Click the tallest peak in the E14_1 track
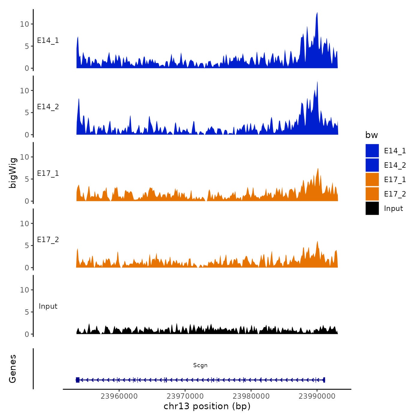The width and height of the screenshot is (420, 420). [x=317, y=13]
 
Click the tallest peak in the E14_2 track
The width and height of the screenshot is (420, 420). [x=317, y=82]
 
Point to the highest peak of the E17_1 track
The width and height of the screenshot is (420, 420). [x=318, y=169]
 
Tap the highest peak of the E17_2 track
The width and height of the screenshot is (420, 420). [x=317, y=241]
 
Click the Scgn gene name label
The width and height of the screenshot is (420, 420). [x=200, y=365]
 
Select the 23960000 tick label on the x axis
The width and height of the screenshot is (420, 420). [x=119, y=396]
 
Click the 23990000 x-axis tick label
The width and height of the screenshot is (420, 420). [x=317, y=396]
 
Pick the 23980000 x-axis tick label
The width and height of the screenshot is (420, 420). [x=251, y=396]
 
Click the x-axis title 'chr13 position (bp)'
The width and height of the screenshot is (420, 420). [x=207, y=406]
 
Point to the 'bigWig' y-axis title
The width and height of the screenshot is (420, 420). [x=13, y=173]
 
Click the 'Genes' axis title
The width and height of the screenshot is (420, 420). [x=13, y=369]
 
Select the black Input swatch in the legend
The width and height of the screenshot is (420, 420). [x=372, y=208]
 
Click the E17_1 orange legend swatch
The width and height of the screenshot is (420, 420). [x=372, y=179]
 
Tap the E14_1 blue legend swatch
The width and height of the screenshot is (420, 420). [x=372, y=151]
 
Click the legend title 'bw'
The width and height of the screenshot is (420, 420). [x=371, y=135]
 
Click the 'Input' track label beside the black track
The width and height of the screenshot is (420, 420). [x=48, y=306]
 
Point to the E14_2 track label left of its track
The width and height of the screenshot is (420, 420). [x=48, y=107]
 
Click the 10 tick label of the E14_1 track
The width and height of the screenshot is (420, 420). [x=25, y=24]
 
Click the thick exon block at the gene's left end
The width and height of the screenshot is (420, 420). [x=78, y=380]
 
